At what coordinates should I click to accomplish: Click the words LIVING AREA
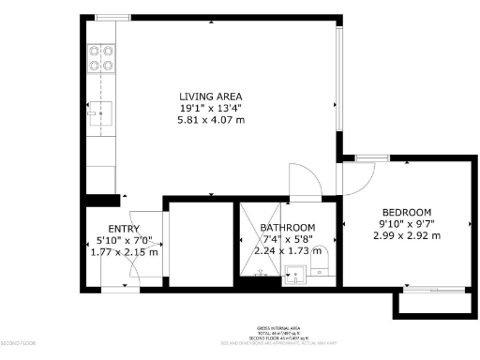point(211,97)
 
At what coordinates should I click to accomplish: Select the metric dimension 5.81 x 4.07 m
point(211,121)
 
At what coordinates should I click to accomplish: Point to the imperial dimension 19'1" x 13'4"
point(211,109)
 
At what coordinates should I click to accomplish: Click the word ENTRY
point(124,229)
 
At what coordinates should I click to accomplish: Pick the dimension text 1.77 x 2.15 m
point(124,252)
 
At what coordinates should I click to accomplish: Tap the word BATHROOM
point(288,229)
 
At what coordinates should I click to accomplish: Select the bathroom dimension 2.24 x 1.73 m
point(288,252)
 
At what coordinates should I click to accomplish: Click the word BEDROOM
point(406,212)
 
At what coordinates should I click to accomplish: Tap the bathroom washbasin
point(294,275)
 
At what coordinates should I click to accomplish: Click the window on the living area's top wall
point(113,18)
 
